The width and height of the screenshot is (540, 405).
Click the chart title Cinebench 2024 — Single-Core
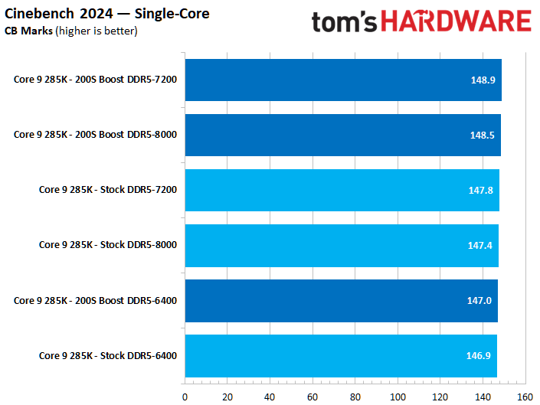point(106,14)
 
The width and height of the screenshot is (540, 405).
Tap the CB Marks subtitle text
point(71,31)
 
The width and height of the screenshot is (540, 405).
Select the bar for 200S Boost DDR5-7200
point(343,80)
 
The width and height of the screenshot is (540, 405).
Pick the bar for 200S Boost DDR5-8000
point(342,135)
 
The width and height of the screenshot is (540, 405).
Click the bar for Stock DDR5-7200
point(342,190)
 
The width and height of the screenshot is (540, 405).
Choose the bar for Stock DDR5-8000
point(342,245)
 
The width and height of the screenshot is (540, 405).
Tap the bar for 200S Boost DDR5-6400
point(341,300)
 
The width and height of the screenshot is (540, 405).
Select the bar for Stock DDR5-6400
point(341,355)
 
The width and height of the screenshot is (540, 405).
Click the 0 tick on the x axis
point(185,397)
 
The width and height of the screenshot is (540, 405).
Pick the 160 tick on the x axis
point(525,397)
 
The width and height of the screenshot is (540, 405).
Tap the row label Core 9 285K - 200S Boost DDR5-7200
point(95,80)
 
